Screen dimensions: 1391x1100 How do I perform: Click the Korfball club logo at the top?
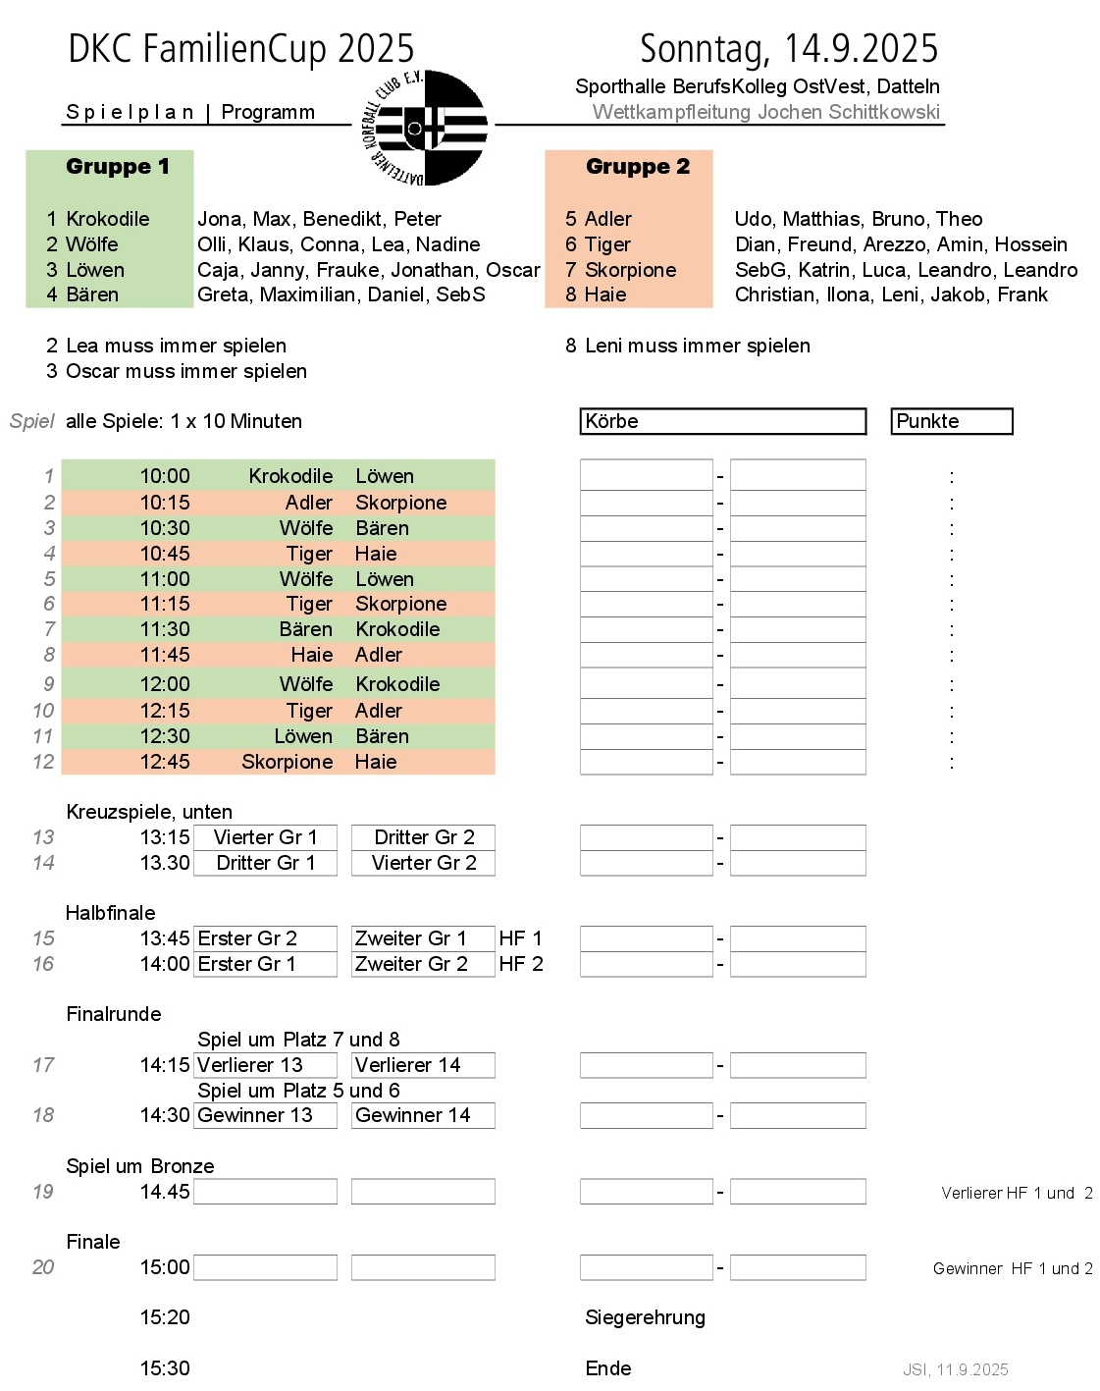click(x=424, y=127)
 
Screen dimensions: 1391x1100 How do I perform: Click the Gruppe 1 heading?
click(x=118, y=167)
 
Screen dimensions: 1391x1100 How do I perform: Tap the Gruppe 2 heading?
click(x=638, y=167)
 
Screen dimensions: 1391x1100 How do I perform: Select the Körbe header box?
click(x=723, y=421)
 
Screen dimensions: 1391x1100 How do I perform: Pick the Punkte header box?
click(x=951, y=421)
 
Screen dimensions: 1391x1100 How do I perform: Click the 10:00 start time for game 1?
click(x=165, y=476)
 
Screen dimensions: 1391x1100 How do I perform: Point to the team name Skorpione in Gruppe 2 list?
click(x=631, y=270)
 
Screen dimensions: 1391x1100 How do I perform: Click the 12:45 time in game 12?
click(x=165, y=762)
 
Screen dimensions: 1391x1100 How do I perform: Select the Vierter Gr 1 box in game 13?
click(x=266, y=837)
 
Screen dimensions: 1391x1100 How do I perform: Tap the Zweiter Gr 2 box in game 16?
click(x=423, y=964)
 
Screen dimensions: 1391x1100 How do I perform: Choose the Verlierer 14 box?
click(x=423, y=1065)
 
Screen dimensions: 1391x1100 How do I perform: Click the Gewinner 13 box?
click(x=266, y=1115)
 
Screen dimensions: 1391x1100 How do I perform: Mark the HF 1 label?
click(x=520, y=938)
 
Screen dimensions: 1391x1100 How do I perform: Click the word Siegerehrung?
click(x=645, y=1317)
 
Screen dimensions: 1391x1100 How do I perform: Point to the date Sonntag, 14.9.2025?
click(x=789, y=48)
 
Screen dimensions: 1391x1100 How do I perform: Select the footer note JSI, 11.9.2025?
click(x=955, y=1369)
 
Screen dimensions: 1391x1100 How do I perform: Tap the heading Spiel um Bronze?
click(x=140, y=1166)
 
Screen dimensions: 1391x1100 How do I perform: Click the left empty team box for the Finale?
click(x=266, y=1267)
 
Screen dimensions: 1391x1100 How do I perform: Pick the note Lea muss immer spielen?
click(x=176, y=346)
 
